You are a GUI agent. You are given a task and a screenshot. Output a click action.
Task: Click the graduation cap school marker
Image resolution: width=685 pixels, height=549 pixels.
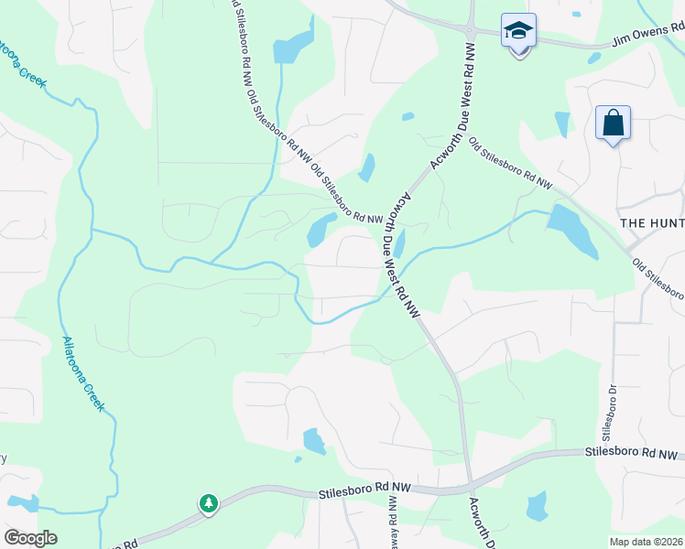(518, 32)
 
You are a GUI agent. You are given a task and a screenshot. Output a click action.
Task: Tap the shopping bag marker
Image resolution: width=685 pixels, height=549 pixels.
(612, 123)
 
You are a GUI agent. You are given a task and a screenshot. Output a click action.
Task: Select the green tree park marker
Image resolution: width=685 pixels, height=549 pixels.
(209, 503)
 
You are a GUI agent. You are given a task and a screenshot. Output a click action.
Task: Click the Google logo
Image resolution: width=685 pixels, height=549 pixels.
(30, 538)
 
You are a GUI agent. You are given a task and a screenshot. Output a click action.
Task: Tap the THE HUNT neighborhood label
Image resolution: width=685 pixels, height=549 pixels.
(651, 223)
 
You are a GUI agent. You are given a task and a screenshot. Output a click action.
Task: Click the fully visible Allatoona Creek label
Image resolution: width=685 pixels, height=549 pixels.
(83, 374)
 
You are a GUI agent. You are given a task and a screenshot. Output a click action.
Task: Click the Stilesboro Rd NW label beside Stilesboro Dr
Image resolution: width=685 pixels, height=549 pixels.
(633, 454)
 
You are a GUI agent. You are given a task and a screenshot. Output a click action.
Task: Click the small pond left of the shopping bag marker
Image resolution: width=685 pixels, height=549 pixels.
(562, 124)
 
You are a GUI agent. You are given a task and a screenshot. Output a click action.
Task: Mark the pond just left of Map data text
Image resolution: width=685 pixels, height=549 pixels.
(537, 506)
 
